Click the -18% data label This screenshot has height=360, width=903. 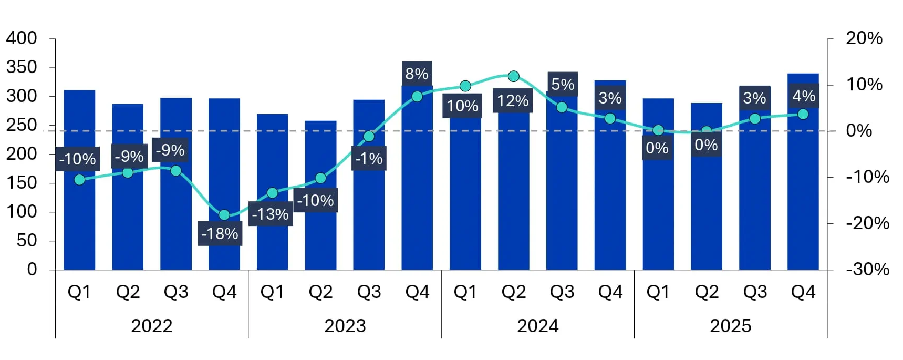click(x=220, y=234)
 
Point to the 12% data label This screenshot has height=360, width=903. click(x=513, y=100)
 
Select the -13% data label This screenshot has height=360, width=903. click(x=270, y=214)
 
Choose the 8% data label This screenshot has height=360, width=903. click(x=417, y=74)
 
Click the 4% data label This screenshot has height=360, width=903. click(x=804, y=96)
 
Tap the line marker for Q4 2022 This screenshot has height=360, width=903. click(x=224, y=215)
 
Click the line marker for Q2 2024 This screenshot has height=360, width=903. click(x=514, y=77)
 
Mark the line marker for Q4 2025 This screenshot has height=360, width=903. click(x=803, y=114)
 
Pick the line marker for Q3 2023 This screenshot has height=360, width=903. click(x=369, y=137)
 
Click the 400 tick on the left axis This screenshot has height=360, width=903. click(x=22, y=38)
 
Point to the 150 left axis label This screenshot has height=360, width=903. click(x=22, y=183)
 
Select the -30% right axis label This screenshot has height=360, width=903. click(x=867, y=270)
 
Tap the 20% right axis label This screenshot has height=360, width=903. click(x=864, y=38)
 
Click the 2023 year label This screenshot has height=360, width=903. click(x=345, y=326)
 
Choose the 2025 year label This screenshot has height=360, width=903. click(x=730, y=326)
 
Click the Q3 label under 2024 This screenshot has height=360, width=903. click(x=562, y=292)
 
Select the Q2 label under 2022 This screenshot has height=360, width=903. click(x=128, y=292)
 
